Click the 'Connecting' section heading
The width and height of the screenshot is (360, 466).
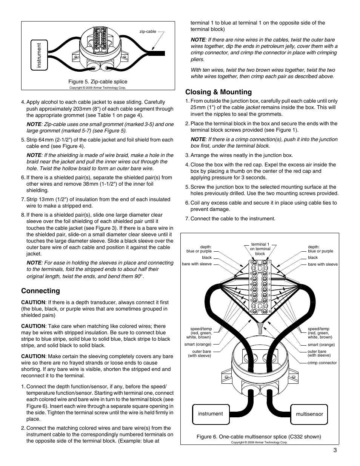pos(40,291)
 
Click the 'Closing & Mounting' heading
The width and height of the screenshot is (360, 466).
pos(218,92)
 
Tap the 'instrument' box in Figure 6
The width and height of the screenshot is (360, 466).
pos(211,414)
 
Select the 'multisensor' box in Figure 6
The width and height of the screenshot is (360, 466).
pos(309,414)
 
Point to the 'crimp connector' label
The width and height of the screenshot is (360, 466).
pos(322,363)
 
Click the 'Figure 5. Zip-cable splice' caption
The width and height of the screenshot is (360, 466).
pos(98,82)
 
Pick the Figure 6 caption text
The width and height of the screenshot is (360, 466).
pos(258,437)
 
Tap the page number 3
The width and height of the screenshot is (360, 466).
pos(335,450)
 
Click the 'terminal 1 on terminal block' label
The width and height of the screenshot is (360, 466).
pos(260,249)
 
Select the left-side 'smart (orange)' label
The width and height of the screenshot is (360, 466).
pos(198,345)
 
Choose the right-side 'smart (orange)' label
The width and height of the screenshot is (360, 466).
pos(321,345)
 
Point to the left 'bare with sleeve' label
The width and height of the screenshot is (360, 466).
pos(197,264)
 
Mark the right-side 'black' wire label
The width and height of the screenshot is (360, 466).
pos(313,257)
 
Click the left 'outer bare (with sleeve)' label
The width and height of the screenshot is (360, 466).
pos(202,354)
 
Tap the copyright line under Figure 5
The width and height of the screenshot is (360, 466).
pos(97,88)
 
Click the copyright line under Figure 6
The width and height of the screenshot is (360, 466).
pos(259,442)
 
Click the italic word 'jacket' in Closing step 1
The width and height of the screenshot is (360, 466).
pos(252,107)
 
